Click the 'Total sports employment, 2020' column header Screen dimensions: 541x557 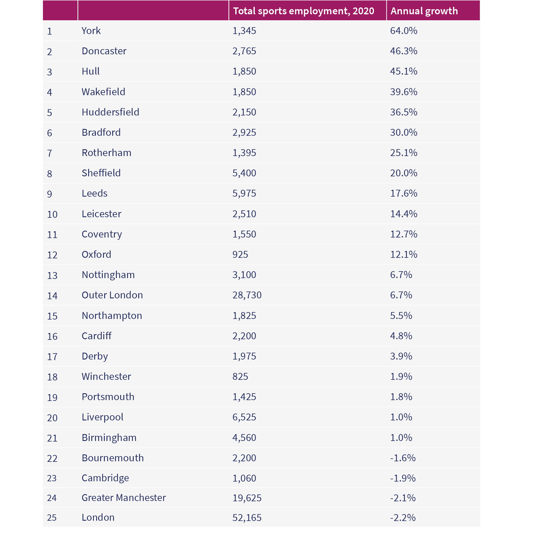tap(303, 11)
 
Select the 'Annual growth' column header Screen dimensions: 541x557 tap(424, 11)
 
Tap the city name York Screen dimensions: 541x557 tap(91, 31)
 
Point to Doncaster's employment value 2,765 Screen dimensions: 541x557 tap(244, 51)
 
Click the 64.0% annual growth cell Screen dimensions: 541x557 tap(404, 31)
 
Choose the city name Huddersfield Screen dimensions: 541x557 tap(110, 112)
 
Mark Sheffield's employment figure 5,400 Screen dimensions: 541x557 tap(244, 173)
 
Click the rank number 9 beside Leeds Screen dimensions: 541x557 tap(50, 194)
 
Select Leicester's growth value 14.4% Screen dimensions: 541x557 tap(404, 214)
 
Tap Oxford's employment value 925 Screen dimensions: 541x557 tap(240, 254)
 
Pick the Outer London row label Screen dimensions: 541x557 tap(112, 295)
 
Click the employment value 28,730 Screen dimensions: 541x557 tap(247, 295)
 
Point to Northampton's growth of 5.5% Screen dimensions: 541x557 tap(401, 316)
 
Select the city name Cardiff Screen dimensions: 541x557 tap(96, 336)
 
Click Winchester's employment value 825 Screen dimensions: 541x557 tap(240, 376)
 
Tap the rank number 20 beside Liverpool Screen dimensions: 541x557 tap(52, 418)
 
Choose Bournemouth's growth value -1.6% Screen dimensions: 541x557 tap(403, 458)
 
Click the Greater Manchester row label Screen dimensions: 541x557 tap(124, 498)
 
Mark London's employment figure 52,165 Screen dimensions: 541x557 tap(247, 518)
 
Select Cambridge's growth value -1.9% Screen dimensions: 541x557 tap(403, 478)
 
